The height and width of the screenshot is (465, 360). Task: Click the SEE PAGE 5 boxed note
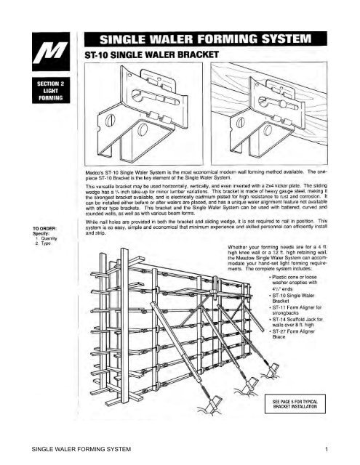303,403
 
